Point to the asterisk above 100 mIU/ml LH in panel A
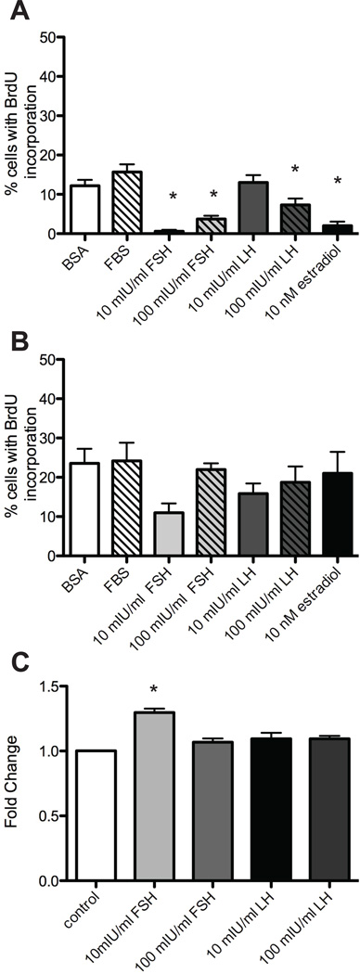click(294, 169)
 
